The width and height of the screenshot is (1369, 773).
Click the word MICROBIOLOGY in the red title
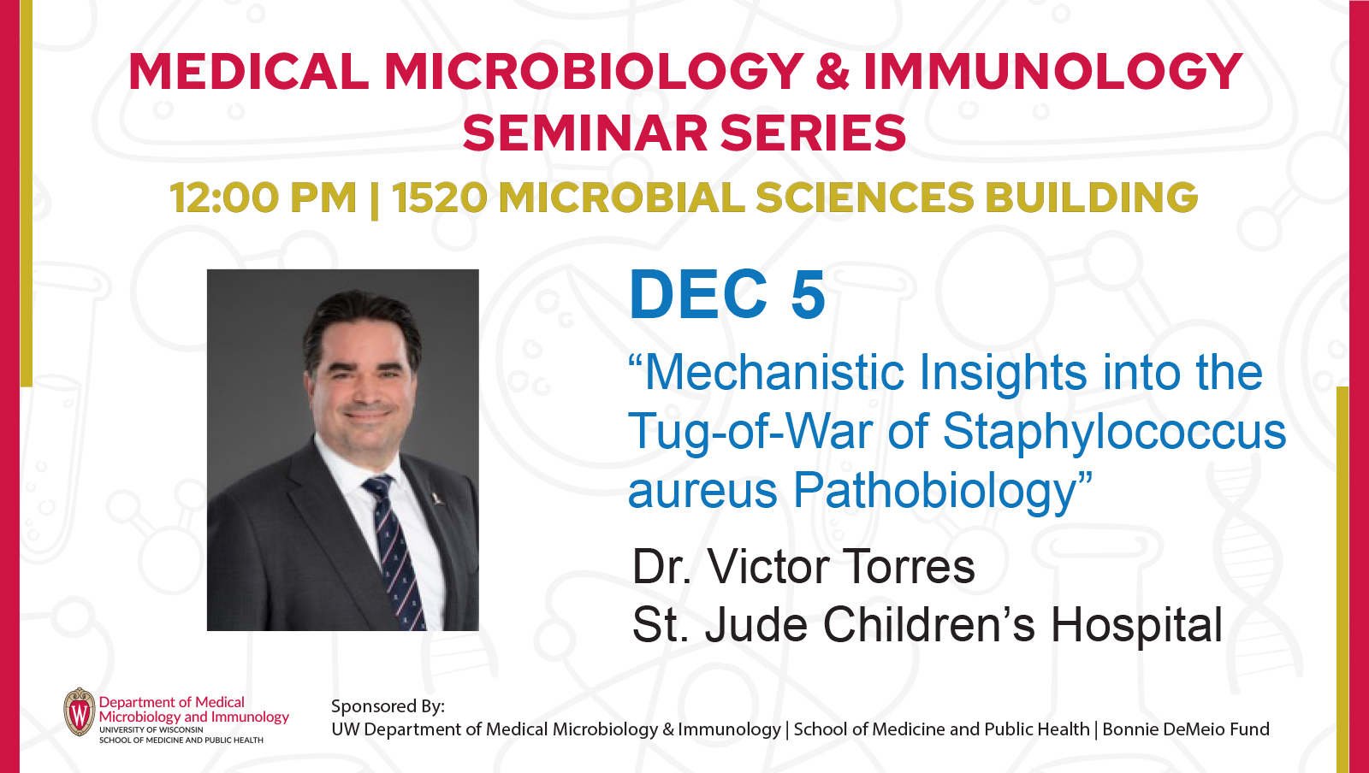[x=593, y=72]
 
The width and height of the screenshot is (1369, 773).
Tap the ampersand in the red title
[x=833, y=72]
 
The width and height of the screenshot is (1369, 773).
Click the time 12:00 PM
[x=263, y=198]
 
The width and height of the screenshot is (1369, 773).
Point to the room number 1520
[x=440, y=198]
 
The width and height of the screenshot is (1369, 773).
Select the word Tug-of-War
[x=751, y=431]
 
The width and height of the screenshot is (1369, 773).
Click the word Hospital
[x=1136, y=625]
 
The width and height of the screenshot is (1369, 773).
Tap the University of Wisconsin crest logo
[x=80, y=712]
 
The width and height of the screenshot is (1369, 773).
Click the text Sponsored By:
[x=388, y=706]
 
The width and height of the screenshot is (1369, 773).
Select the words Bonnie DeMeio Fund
[x=1186, y=729]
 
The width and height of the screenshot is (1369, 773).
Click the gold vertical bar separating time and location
[x=374, y=198]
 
